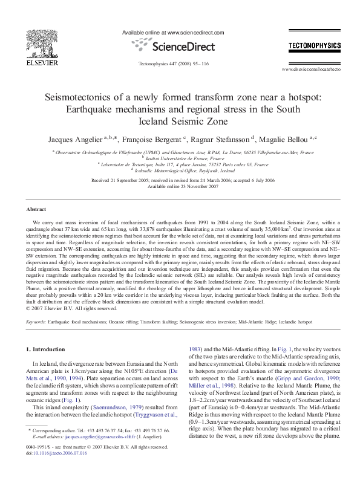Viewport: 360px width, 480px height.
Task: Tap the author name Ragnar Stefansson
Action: (223, 138)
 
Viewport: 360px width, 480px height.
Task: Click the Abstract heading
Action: (36, 209)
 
